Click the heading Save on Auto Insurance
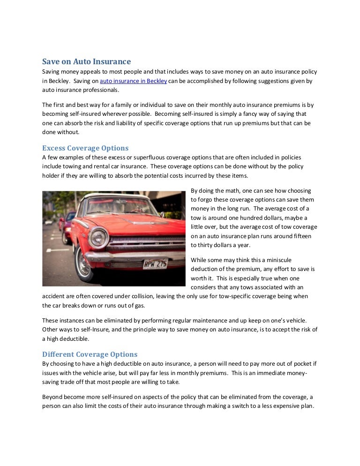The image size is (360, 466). coord(87,61)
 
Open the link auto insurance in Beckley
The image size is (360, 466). coord(134,81)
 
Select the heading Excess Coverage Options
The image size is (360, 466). coord(85,148)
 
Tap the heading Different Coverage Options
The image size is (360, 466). coord(90,354)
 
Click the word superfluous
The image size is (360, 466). coord(132,158)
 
